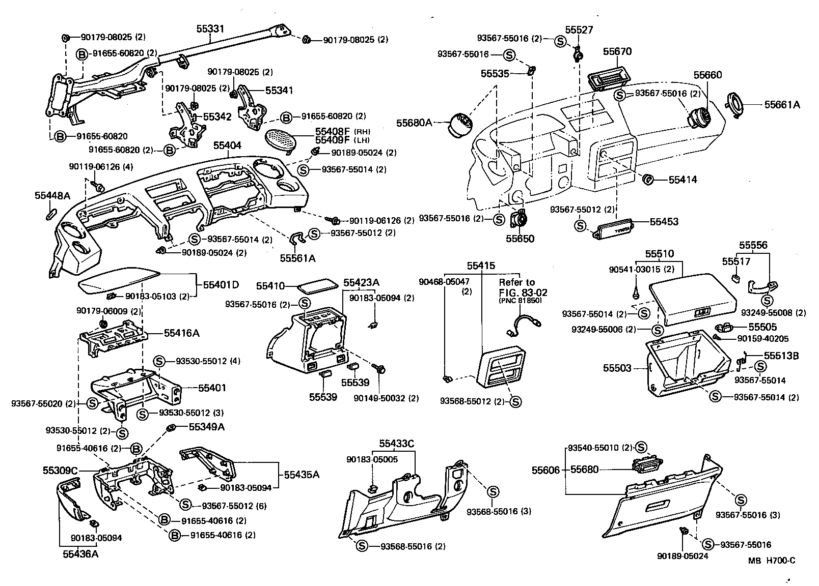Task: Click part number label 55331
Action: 210,30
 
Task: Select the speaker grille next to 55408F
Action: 284,138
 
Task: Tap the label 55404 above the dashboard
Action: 227,145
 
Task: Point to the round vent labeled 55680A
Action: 460,124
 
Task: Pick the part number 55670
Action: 617,51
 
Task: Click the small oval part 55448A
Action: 51,212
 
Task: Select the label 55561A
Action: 297,258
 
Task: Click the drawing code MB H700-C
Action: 772,561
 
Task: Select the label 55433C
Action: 396,444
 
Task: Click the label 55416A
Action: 181,333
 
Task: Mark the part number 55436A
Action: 80,554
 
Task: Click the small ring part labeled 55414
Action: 649,180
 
